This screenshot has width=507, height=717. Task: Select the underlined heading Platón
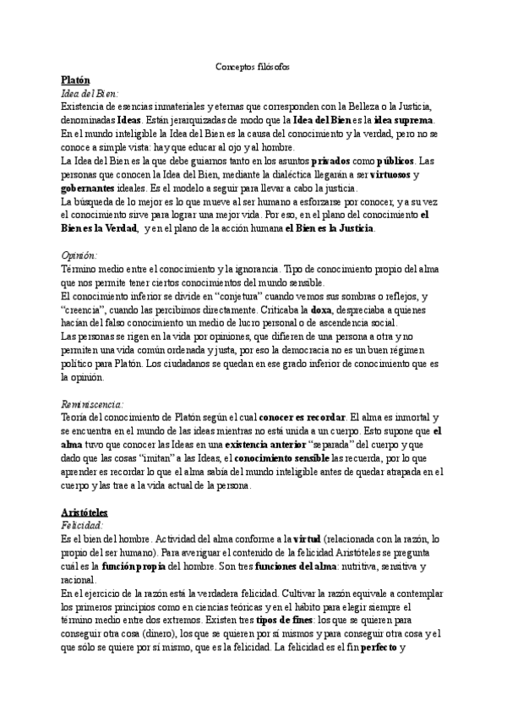tap(78, 79)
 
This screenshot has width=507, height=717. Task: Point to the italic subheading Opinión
tap(80, 254)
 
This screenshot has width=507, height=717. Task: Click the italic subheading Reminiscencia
tap(94, 403)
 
